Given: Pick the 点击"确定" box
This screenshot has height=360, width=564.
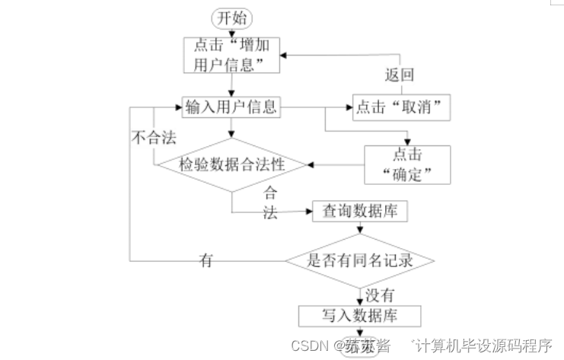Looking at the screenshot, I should (x=407, y=164).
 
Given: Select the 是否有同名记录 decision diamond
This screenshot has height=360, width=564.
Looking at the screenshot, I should (x=360, y=261).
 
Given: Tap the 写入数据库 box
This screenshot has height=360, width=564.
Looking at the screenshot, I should (x=360, y=314).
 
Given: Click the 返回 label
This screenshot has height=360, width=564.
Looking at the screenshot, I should (x=399, y=75).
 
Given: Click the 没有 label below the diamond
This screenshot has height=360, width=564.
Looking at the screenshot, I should (x=381, y=292).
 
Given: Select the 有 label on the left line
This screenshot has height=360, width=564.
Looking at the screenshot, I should (x=206, y=260).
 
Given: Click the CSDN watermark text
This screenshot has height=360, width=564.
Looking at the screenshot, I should (x=309, y=346).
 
